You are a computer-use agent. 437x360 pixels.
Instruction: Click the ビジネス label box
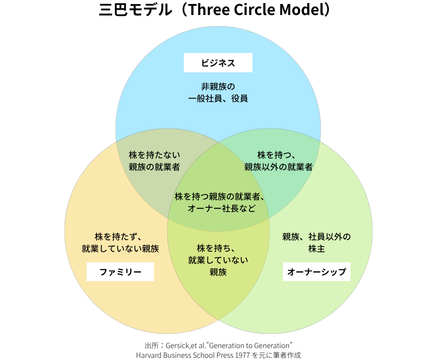218,63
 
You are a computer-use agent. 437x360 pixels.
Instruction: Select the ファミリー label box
120,272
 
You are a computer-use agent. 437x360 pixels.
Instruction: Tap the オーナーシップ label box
316,272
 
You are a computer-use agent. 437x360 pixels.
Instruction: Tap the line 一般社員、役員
218,99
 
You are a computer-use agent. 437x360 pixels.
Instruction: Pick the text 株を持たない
154,155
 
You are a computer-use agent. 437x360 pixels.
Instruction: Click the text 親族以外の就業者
279,167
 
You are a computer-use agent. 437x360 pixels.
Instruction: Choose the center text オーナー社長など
222,208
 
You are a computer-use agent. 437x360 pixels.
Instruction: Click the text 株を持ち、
218,248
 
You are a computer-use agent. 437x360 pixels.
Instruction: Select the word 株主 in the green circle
316,249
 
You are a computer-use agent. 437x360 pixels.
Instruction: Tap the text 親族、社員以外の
316,237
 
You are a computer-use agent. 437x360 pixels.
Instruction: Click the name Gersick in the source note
177,345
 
